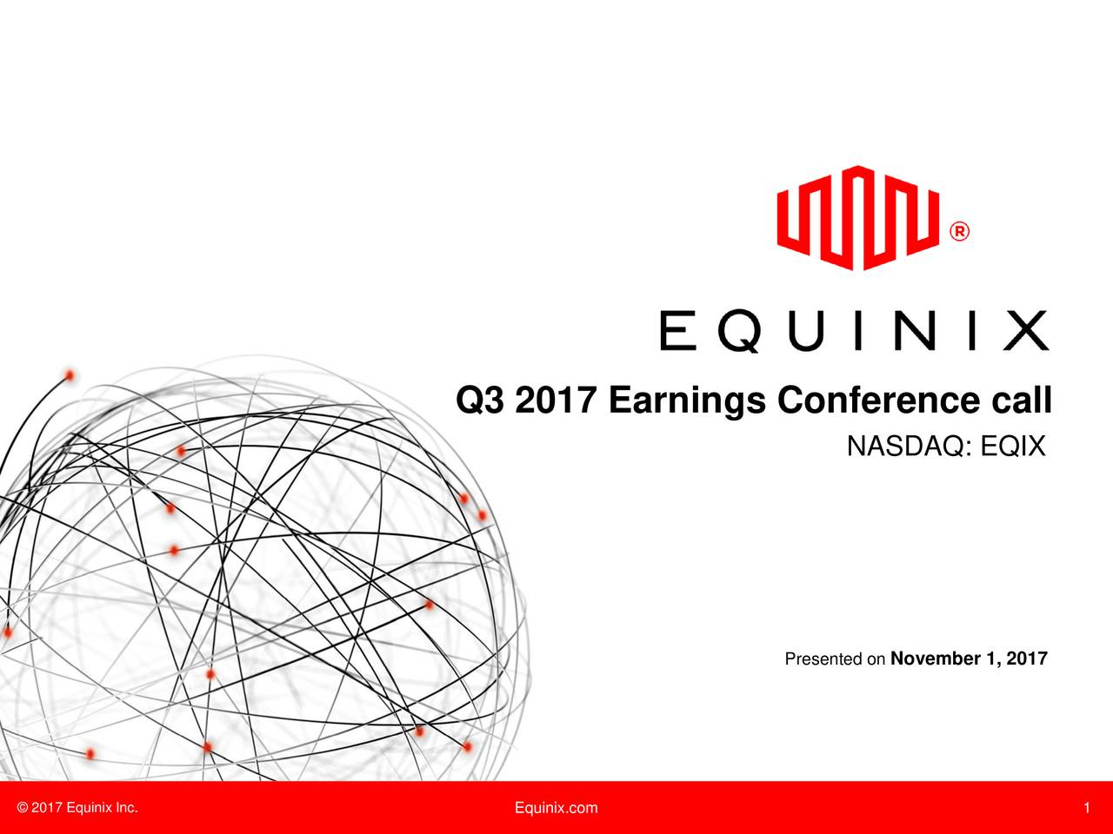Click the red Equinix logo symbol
(857, 217)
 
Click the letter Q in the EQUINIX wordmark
(742, 332)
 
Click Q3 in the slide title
(481, 401)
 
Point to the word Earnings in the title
(687, 401)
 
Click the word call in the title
(1021, 401)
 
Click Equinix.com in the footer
(556, 808)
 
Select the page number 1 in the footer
(1087, 809)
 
